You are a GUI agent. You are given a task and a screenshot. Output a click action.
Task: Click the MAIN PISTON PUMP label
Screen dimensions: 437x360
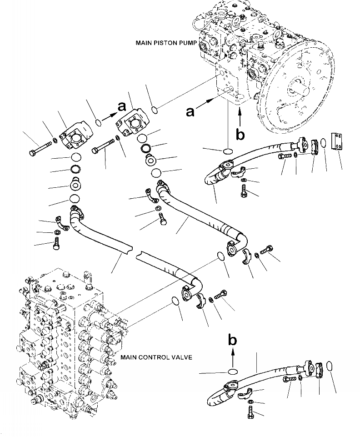click(165, 43)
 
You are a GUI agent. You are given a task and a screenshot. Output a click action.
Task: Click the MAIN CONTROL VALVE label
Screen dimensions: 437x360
click(156, 357)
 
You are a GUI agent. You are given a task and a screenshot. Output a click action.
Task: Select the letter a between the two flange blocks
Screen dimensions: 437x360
click(121, 107)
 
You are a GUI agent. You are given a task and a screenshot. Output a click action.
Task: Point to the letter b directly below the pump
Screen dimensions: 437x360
click(240, 134)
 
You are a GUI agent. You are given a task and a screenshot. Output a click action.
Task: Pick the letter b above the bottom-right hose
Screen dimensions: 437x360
click(232, 340)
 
